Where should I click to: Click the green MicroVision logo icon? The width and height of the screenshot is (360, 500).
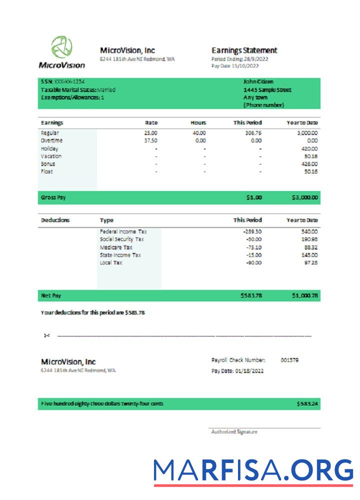coord(61,47)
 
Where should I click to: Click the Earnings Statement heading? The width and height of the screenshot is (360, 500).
coord(244,50)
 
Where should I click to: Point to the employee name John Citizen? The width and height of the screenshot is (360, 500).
coord(258,82)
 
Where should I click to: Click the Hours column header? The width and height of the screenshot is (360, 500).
coord(198,122)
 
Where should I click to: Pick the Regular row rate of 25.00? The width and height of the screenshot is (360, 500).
coord(150,133)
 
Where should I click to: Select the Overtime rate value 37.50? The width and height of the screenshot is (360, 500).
coord(150,141)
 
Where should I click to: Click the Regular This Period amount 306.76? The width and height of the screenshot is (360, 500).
coord(252,133)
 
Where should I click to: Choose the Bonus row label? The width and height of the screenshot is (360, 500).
coord(48,164)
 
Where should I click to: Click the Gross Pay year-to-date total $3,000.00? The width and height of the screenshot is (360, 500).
coord(304,197)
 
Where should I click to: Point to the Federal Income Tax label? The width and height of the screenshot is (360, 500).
coord(123,232)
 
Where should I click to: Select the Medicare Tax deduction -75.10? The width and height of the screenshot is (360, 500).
coord(252,247)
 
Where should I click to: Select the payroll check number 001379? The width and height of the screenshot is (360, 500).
coord(290,360)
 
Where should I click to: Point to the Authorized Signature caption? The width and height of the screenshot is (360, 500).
coord(234,432)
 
